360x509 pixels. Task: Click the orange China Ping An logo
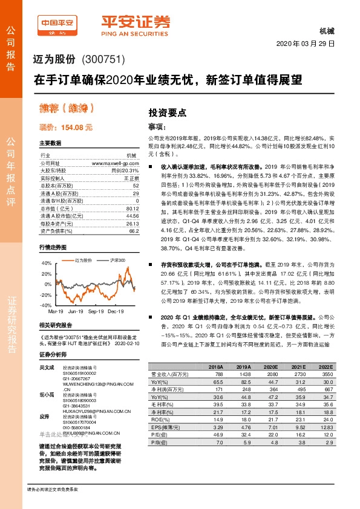(57, 24)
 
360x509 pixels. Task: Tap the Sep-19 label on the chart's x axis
(96, 313)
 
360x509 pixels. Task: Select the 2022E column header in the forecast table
(325, 366)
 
